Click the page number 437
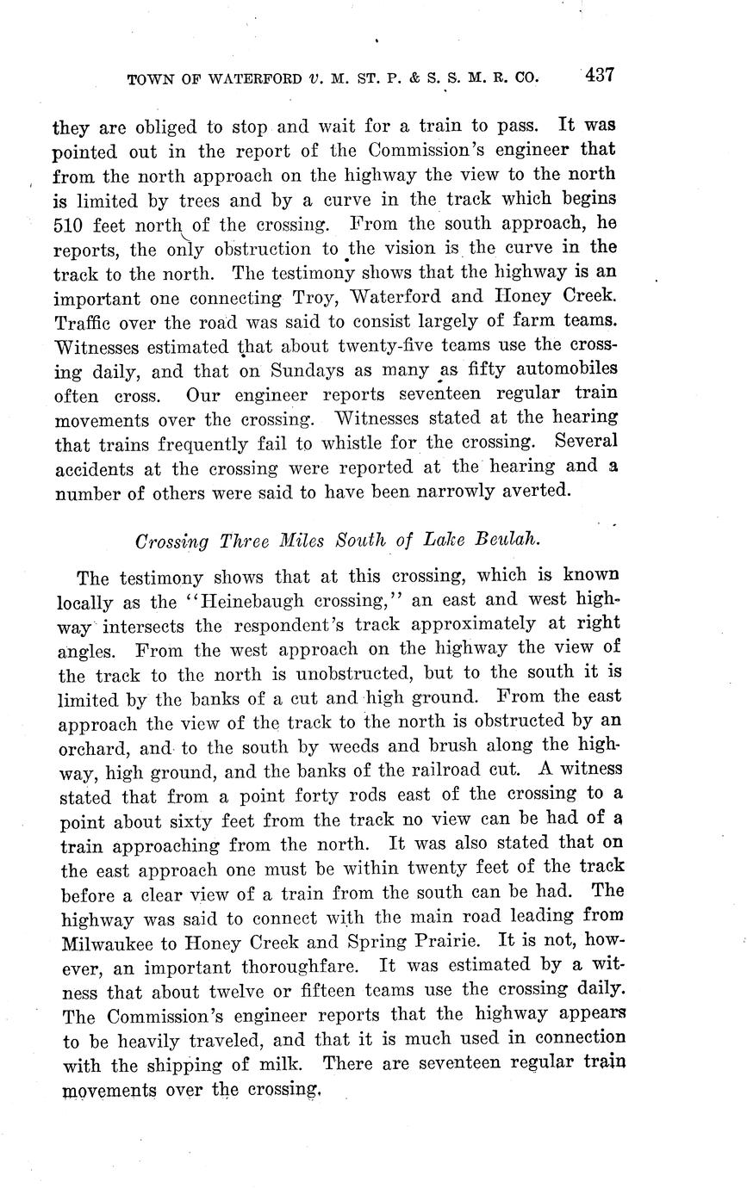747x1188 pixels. pos(598,75)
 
